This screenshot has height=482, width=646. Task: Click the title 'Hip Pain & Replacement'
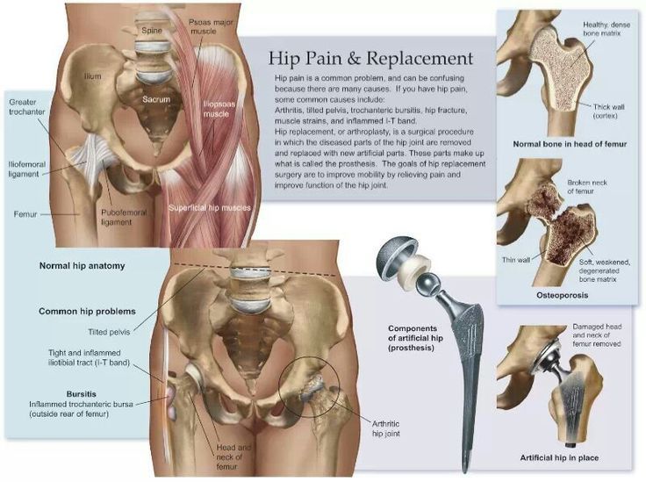[x=370, y=58]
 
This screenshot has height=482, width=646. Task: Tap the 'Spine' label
[x=152, y=31]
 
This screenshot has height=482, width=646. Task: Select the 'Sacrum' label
[x=156, y=99]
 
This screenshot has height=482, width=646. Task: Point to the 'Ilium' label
[x=92, y=76]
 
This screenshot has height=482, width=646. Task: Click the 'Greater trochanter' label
[x=27, y=107]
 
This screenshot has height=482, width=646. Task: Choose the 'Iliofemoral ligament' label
[x=27, y=169]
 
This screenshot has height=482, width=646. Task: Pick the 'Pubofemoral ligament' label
[x=124, y=217]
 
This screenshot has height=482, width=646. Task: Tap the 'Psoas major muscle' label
[x=211, y=26]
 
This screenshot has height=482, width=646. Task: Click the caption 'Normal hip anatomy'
[x=82, y=266]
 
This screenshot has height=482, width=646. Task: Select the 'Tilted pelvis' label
[x=109, y=332]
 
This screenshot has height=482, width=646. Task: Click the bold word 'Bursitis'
[x=81, y=394]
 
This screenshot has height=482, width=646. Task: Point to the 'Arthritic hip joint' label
[x=386, y=428]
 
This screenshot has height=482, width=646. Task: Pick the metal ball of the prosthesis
[x=427, y=284]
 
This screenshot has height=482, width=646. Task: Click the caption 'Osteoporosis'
[x=562, y=295]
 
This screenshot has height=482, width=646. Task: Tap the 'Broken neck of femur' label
[x=587, y=187]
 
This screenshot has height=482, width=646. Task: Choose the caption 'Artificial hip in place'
[x=559, y=457]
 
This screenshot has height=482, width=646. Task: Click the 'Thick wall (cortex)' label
[x=608, y=112]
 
